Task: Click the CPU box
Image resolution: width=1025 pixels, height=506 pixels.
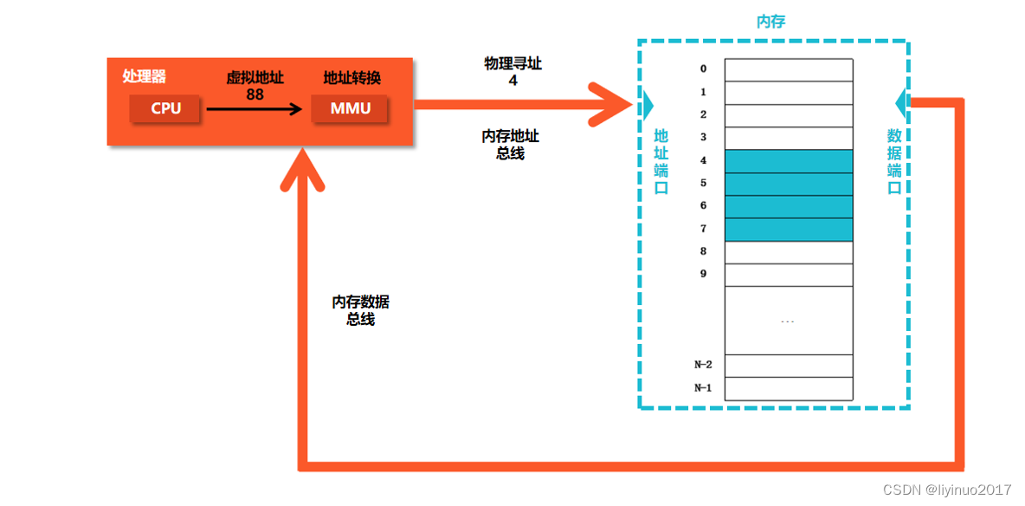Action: (x=165, y=109)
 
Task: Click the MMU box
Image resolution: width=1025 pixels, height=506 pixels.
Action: (x=350, y=109)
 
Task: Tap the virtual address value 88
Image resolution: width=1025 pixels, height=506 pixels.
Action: (x=255, y=94)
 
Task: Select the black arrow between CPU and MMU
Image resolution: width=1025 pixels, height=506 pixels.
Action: (x=255, y=109)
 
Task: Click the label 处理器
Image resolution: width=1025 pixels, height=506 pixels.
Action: (x=145, y=77)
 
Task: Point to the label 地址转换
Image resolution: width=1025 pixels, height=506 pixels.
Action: (x=351, y=78)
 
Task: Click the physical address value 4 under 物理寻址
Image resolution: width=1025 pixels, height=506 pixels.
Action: (x=512, y=80)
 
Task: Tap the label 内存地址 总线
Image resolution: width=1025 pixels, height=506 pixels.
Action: (x=511, y=145)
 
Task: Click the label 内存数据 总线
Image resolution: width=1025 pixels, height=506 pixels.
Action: (x=360, y=309)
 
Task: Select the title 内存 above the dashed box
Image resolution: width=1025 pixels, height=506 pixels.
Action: (x=770, y=22)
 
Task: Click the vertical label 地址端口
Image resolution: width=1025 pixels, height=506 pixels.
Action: (x=661, y=161)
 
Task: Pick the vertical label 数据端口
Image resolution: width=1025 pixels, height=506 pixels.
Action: (x=894, y=161)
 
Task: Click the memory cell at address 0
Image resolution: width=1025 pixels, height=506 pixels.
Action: (x=789, y=69)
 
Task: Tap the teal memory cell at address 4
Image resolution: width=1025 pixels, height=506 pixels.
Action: (x=789, y=161)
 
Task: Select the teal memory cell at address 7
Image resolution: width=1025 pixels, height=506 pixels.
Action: (x=789, y=230)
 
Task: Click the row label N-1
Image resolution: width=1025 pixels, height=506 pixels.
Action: (x=703, y=388)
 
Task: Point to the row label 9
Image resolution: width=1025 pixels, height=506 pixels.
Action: (x=703, y=274)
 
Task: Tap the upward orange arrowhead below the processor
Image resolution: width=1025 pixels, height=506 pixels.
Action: (x=302, y=170)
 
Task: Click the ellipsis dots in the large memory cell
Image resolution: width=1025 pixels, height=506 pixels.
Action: (x=787, y=321)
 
